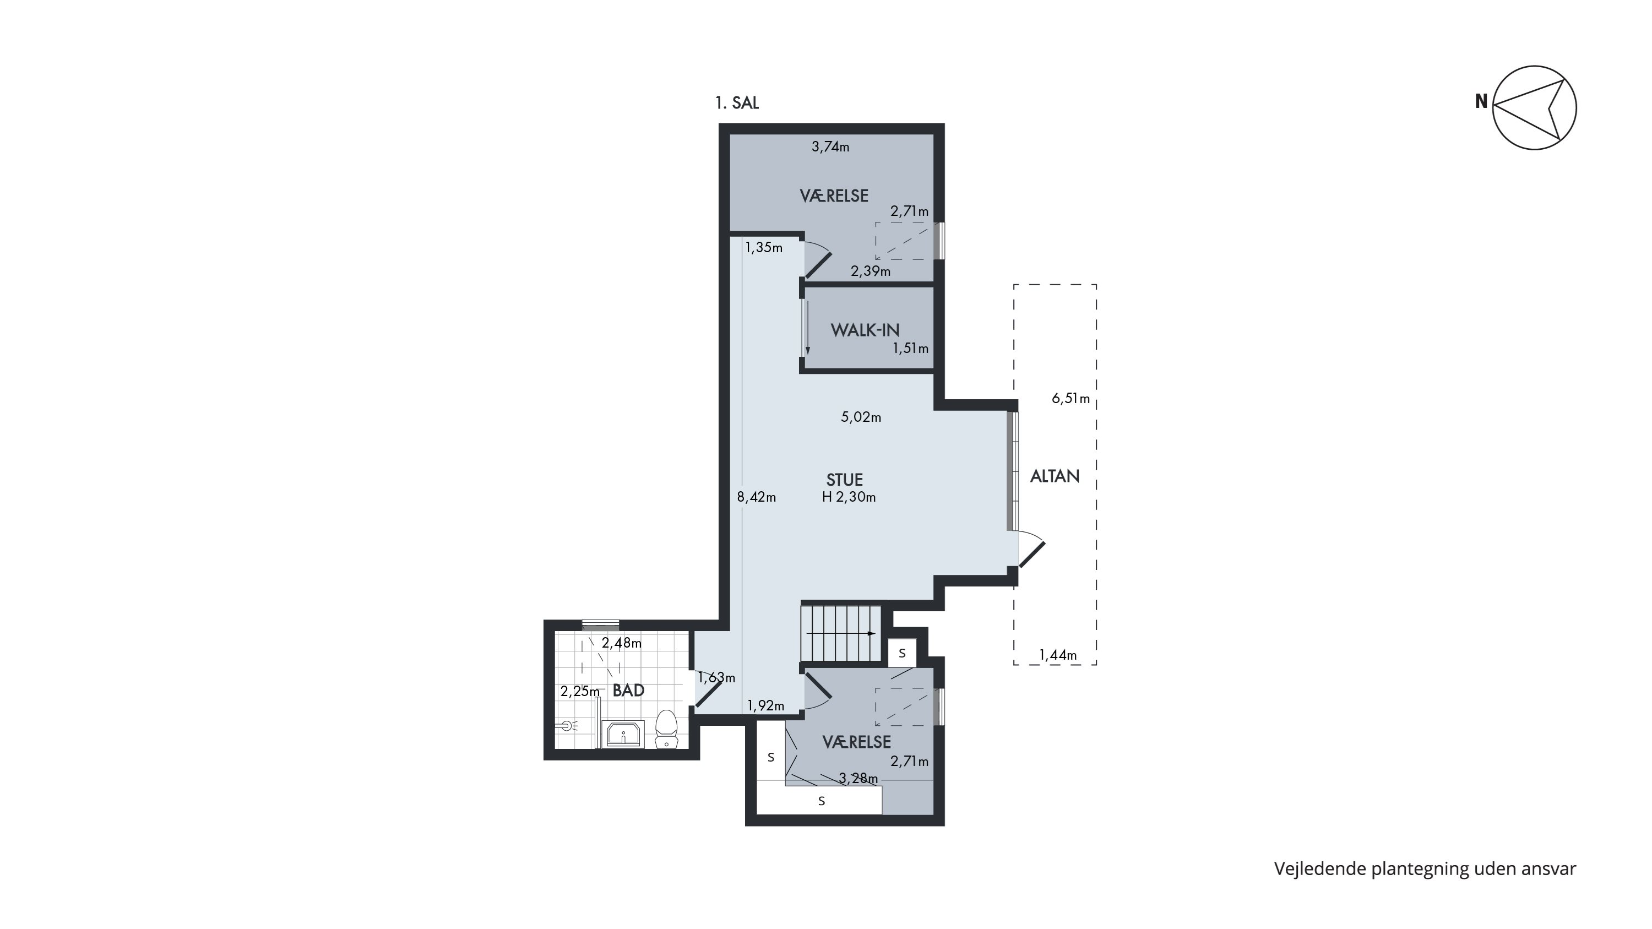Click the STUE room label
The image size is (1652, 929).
tap(844, 480)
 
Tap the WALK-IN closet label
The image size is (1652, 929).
tap(865, 330)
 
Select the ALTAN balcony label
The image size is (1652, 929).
tap(1055, 476)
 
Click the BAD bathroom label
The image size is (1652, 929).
tap(628, 691)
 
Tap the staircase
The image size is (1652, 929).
tap(842, 633)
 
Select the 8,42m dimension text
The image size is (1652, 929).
tap(757, 497)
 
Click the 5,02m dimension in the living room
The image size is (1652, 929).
tap(861, 417)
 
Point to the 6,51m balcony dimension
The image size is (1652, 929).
tap(1071, 399)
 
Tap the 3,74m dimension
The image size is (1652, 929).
tap(830, 147)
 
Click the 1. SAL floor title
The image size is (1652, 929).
tap(737, 102)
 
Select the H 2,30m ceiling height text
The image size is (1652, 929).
tap(849, 497)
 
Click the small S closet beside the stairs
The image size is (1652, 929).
tap(903, 653)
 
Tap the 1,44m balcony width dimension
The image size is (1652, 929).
tap(1058, 655)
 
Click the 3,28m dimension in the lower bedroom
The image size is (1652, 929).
tap(858, 778)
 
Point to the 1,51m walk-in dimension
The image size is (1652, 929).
tap(911, 349)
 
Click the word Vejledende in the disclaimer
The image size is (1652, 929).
tap(1320, 870)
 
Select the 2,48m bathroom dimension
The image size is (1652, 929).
tap(621, 643)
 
